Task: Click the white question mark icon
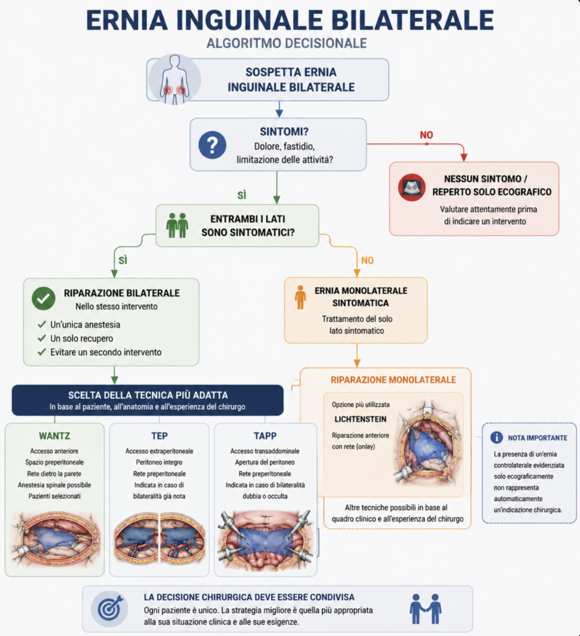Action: (x=212, y=145)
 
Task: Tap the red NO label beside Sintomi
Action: (x=426, y=135)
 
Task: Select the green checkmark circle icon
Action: (x=43, y=299)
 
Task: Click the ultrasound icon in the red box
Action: (x=412, y=188)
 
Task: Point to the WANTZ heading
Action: (x=55, y=436)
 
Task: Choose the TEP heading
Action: (x=160, y=436)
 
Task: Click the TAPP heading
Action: (x=265, y=436)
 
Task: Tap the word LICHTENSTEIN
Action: (x=361, y=419)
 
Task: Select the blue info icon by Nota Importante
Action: (x=496, y=437)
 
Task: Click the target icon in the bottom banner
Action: (x=109, y=609)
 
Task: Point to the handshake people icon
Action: (x=425, y=609)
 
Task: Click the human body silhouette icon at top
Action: (x=174, y=80)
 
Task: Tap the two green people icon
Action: (x=177, y=225)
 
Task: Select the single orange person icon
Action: (x=300, y=298)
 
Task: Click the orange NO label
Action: (x=368, y=260)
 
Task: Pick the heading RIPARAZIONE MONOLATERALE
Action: (x=394, y=380)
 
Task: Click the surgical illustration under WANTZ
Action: (x=55, y=539)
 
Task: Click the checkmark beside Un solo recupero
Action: (x=42, y=338)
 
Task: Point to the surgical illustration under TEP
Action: (x=160, y=539)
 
